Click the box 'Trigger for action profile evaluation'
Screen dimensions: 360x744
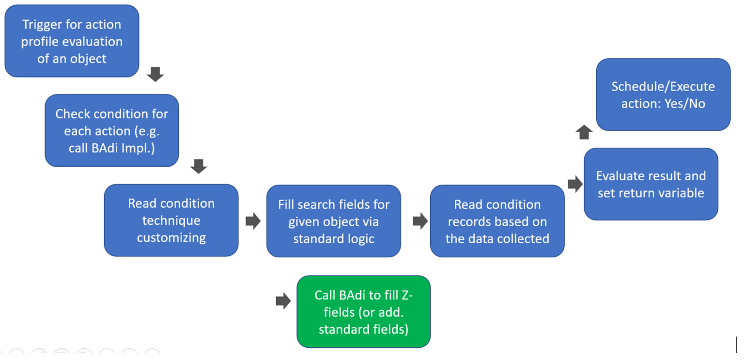point(72,41)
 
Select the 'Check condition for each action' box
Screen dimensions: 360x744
point(111,131)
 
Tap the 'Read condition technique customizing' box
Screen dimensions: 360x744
point(171,220)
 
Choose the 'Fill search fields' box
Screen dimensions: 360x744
point(333,221)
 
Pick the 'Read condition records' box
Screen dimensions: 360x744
point(497,221)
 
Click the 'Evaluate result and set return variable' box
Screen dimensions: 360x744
point(651,184)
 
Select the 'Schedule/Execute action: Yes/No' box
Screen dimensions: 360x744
point(663,95)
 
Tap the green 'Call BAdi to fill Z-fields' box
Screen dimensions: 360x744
point(363,312)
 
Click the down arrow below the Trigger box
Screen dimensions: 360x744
point(155,75)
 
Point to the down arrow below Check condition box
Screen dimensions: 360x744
point(199,167)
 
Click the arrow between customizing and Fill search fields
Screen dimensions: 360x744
point(253,221)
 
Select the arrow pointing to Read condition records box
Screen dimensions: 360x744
point(420,221)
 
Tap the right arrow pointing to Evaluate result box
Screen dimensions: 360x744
point(575,184)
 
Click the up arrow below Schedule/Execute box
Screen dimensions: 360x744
point(584,132)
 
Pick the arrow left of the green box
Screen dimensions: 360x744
point(283,301)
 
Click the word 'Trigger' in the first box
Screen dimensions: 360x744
point(43,24)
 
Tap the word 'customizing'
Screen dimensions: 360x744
point(171,238)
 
